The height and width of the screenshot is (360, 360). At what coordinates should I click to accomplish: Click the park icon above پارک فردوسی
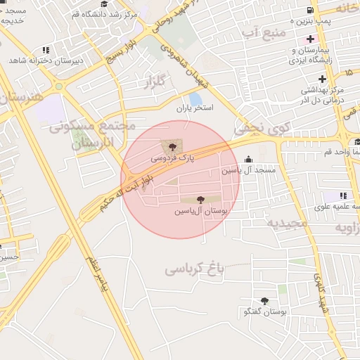[x=173, y=146]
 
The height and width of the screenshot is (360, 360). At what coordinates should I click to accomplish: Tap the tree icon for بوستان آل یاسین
[x=202, y=200]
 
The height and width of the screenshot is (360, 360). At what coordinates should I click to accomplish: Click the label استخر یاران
[x=195, y=110]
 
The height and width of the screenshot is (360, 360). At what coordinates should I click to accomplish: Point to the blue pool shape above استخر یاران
[x=195, y=98]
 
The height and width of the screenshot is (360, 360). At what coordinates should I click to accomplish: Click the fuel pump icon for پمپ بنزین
[x=309, y=10]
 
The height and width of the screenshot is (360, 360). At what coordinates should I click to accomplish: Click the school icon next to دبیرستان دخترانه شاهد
[x=46, y=50]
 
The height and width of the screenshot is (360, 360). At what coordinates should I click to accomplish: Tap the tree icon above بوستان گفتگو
[x=264, y=300]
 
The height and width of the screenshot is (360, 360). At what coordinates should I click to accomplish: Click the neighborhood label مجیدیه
[x=287, y=223]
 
